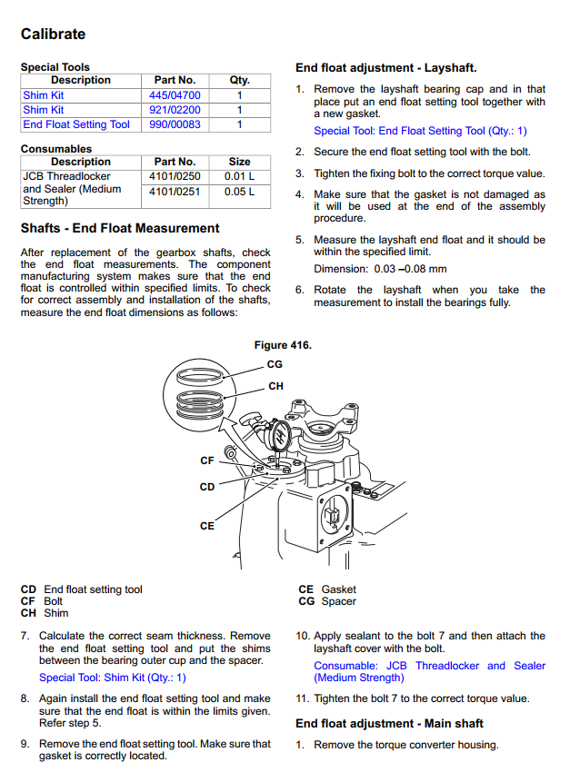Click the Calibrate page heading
[x=53, y=35]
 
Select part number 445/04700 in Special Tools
[x=175, y=95]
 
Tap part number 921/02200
[x=175, y=110]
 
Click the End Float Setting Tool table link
[x=76, y=124]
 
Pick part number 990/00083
[x=175, y=124]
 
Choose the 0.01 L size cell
[x=239, y=176]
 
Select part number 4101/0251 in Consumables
[x=175, y=192]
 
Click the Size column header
[x=239, y=162]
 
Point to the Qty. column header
[x=239, y=80]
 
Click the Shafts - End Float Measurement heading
[x=120, y=228]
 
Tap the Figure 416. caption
[x=282, y=345]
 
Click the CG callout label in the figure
[x=275, y=364]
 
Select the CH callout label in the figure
[x=275, y=386]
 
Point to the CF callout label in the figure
[x=207, y=461]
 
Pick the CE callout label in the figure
[x=207, y=526]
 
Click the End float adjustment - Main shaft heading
[x=389, y=724]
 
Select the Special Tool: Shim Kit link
[x=112, y=678]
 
